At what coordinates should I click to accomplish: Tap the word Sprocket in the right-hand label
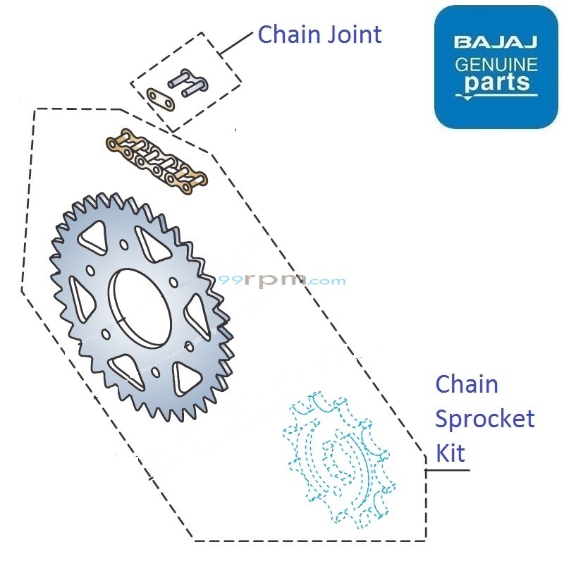point(484,419)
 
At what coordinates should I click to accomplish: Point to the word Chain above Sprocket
point(466,384)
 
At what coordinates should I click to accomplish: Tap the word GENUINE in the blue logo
point(496,65)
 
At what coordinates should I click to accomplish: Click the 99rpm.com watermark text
point(282,280)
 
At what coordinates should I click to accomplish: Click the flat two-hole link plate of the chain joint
point(161,98)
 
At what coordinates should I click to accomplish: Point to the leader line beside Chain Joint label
point(235,44)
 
